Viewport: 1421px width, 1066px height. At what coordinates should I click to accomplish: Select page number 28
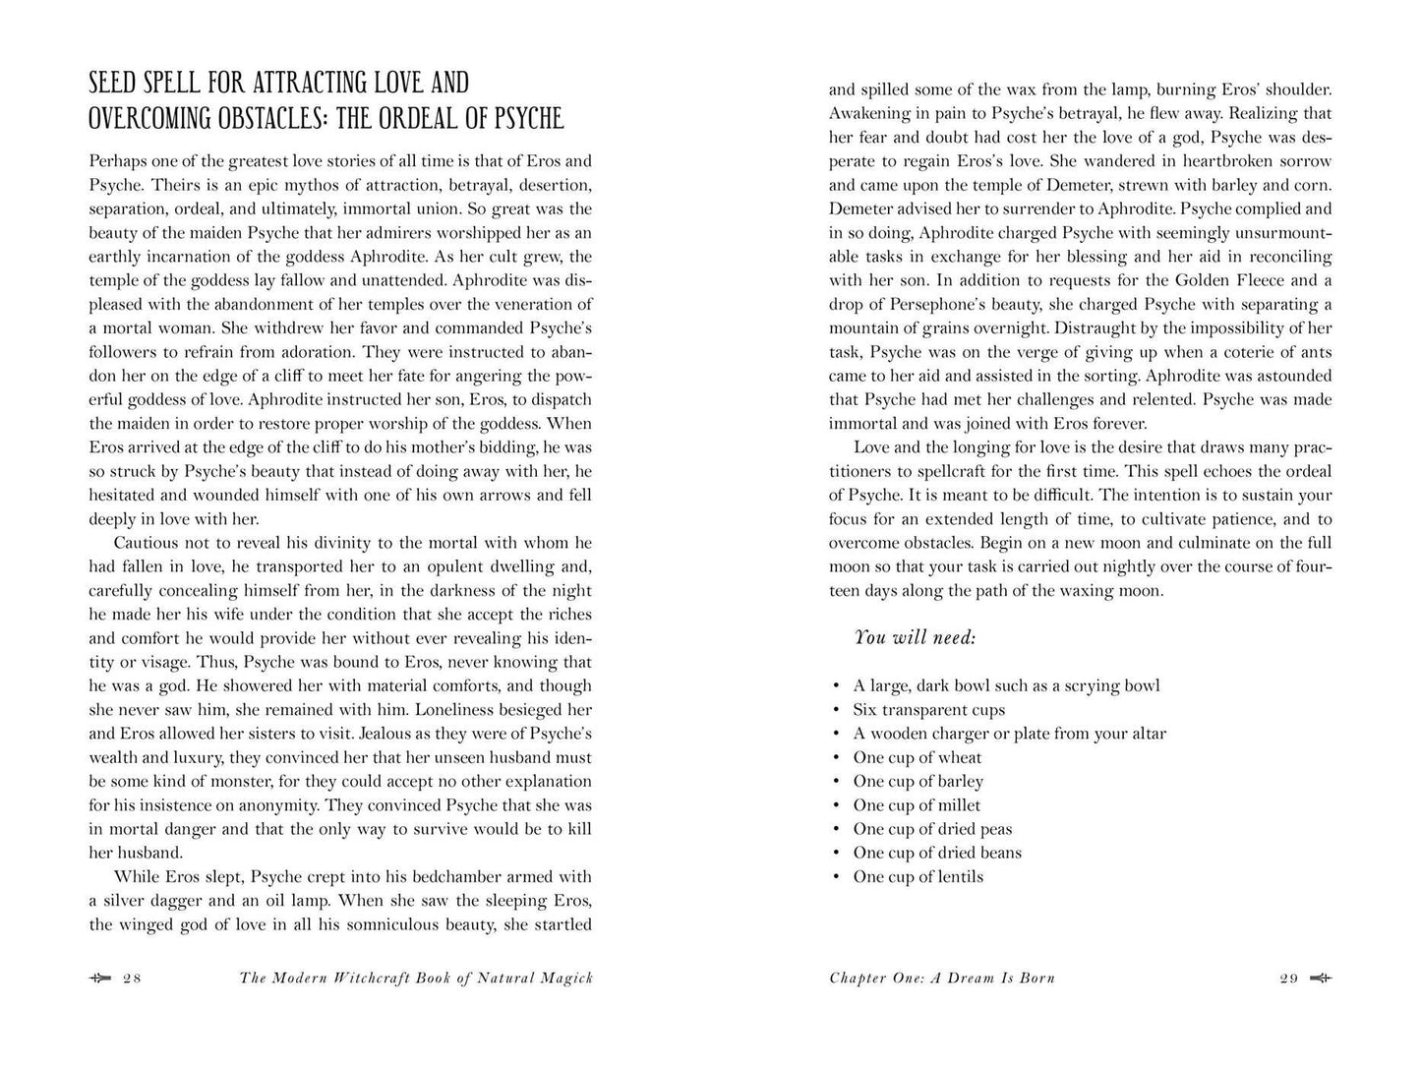tap(133, 978)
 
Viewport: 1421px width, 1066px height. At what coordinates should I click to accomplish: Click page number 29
tap(1289, 978)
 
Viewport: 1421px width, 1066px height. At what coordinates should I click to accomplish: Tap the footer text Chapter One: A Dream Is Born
tap(942, 978)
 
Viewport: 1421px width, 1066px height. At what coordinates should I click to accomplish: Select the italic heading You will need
tap(915, 637)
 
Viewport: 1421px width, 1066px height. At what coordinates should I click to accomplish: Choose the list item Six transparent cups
tap(928, 710)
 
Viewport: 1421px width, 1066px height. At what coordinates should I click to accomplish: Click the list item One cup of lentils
tap(918, 877)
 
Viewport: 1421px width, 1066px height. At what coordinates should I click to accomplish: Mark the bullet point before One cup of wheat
tap(835, 758)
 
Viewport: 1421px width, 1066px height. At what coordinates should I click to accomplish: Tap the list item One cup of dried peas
tap(932, 829)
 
